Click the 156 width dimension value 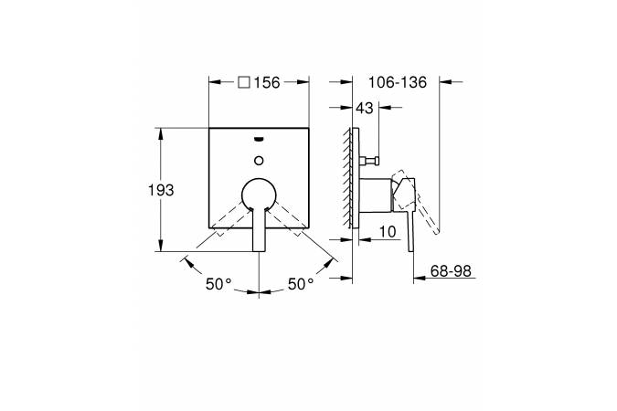click(x=266, y=82)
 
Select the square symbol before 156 click(x=244, y=82)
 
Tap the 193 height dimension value click(x=161, y=190)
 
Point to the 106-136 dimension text click(x=398, y=82)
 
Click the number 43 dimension click(x=364, y=108)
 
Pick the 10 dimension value click(x=388, y=232)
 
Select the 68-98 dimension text click(x=451, y=271)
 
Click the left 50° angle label click(x=218, y=284)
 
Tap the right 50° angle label click(x=301, y=284)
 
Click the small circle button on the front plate click(x=259, y=161)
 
